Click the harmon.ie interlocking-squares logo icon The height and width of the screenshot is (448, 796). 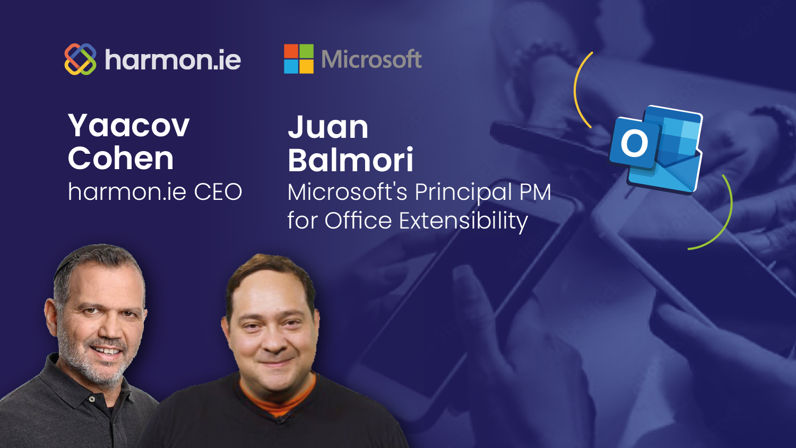tap(80, 59)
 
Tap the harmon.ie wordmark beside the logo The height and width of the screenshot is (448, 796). tap(173, 59)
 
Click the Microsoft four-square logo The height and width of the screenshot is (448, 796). tap(299, 59)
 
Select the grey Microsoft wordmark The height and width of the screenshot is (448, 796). tap(371, 59)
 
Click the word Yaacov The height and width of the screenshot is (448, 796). tap(128, 126)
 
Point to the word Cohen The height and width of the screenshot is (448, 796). tap(121, 158)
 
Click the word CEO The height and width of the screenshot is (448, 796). tap(218, 192)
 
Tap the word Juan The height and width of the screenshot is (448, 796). tap(327, 127)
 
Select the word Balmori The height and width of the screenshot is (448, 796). tap(351, 160)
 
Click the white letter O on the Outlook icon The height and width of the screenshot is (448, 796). tap(634, 143)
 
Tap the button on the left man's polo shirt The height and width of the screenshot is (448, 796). tap(92, 399)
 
